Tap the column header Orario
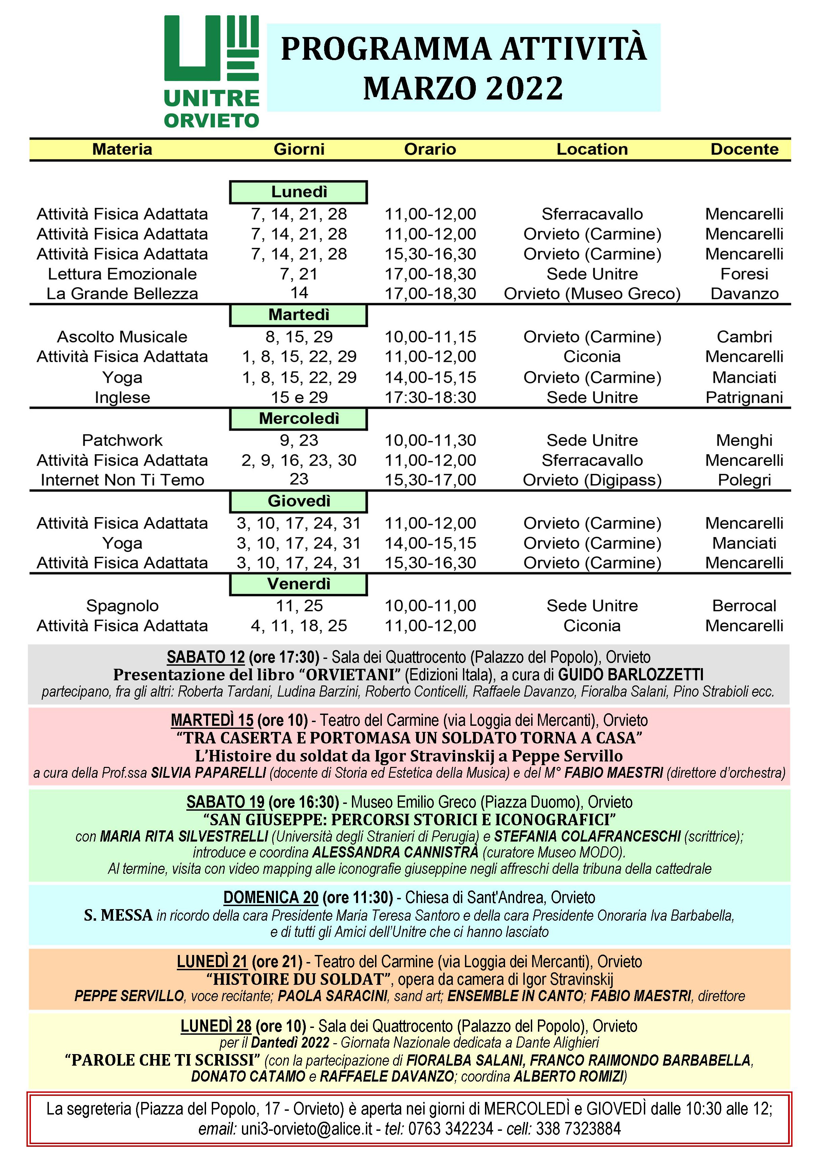430,149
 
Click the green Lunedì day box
299,192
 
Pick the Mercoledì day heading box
299,419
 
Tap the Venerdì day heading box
299,584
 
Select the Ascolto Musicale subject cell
122,336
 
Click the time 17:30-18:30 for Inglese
430,398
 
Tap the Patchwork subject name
122,440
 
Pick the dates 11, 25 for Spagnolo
299,605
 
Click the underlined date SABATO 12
206,657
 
